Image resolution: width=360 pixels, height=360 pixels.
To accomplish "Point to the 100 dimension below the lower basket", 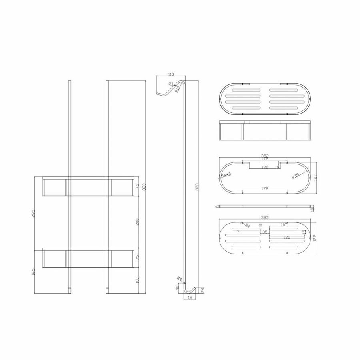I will coord(137,280).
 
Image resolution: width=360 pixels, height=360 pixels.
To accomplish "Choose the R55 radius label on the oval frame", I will coord(295,175).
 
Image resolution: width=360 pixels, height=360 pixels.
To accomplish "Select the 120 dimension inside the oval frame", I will coord(265,167).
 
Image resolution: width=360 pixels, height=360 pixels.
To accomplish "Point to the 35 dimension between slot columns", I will coord(264,232).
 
